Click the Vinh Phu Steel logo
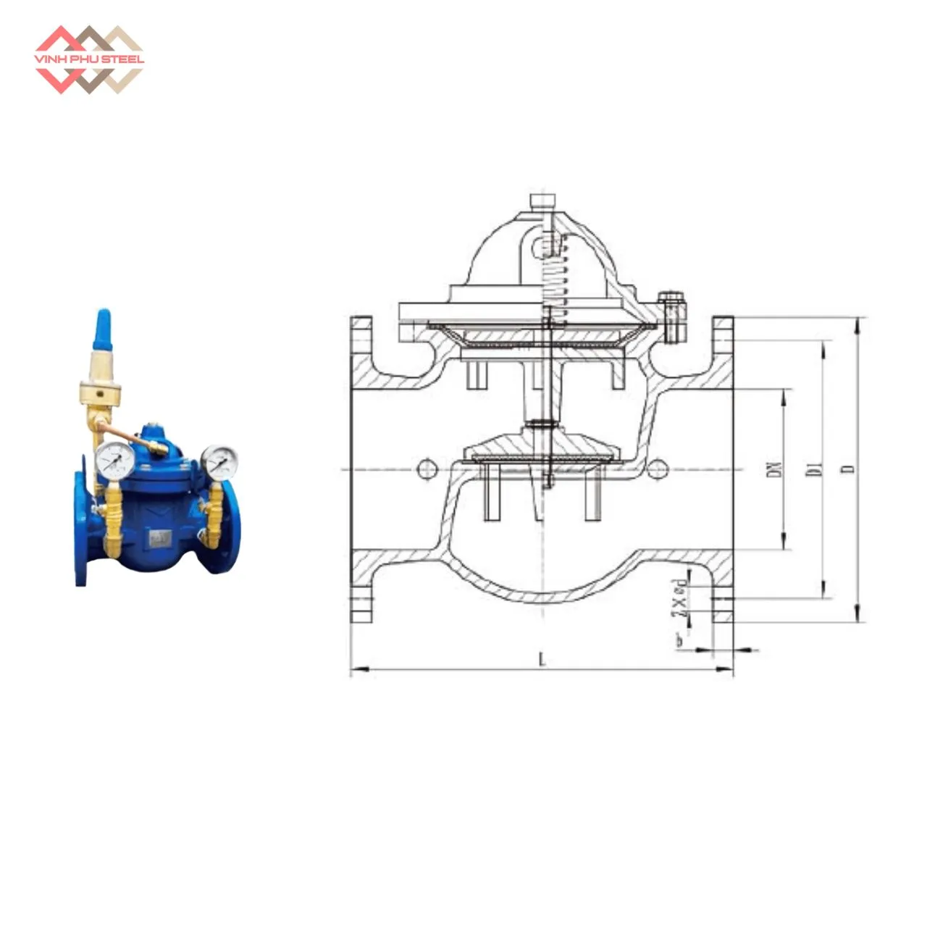tap(89, 59)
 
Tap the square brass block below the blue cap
tap(102, 395)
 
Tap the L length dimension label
tap(542, 659)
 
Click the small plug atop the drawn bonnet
tap(542, 201)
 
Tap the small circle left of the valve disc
tap(428, 469)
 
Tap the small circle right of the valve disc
tap(656, 469)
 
